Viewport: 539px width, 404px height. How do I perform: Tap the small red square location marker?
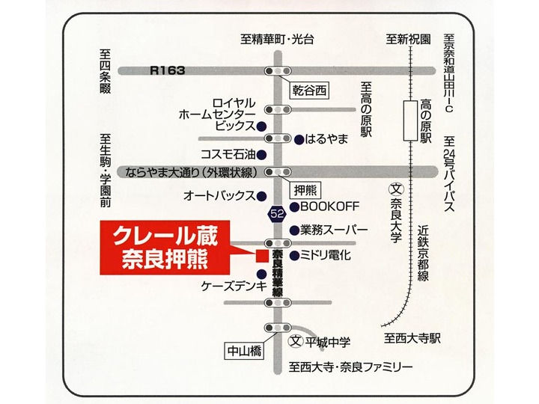[261, 255]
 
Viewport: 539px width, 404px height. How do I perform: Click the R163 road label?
[168, 70]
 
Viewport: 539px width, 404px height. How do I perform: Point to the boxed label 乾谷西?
[310, 91]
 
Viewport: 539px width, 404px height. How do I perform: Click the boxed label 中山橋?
[243, 349]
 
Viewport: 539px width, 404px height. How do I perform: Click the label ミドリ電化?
[326, 255]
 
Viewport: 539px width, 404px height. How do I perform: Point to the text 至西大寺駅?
[409, 338]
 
